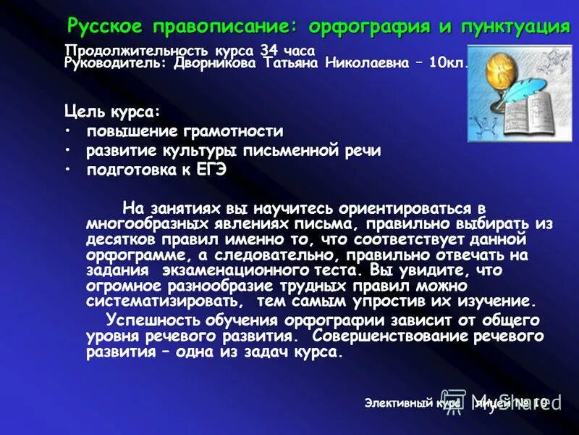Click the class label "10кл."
[449, 63]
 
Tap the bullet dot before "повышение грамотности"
[68, 131]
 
